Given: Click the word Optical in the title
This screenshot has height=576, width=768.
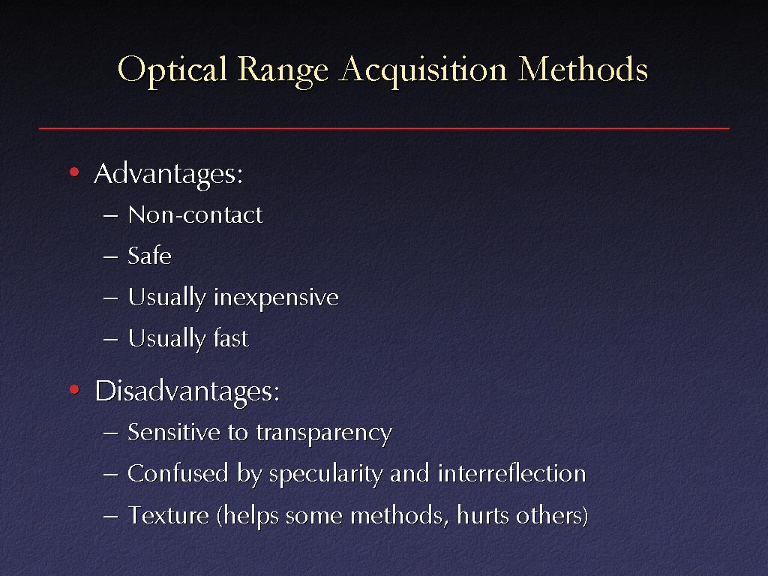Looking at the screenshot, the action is tap(172, 70).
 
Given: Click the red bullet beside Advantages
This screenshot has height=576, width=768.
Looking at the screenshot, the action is tap(74, 172).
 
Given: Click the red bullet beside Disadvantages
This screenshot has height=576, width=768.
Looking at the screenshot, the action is tap(74, 390).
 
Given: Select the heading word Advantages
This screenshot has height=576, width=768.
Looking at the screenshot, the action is tap(168, 174).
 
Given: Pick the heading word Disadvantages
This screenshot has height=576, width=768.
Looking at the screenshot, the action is tap(187, 392).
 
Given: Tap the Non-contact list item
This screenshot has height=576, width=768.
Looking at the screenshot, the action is tap(195, 214).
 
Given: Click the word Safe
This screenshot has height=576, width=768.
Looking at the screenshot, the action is tap(149, 255).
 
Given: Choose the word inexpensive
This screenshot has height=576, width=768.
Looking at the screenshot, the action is tap(276, 298).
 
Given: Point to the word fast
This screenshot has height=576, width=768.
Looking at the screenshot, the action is tap(231, 338).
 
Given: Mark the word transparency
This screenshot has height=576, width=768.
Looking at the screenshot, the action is tap(324, 433).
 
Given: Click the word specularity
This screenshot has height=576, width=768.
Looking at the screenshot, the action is tap(326, 475).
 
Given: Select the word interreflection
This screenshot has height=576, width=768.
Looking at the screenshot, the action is tap(511, 473).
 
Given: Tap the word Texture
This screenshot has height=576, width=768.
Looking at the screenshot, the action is tap(169, 515).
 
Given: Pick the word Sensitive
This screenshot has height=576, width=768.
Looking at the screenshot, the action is tap(174, 432).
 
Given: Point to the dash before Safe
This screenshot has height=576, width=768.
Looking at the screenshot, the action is tap(111, 256).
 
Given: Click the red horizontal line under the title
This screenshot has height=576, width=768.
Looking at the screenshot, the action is tap(384, 128).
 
